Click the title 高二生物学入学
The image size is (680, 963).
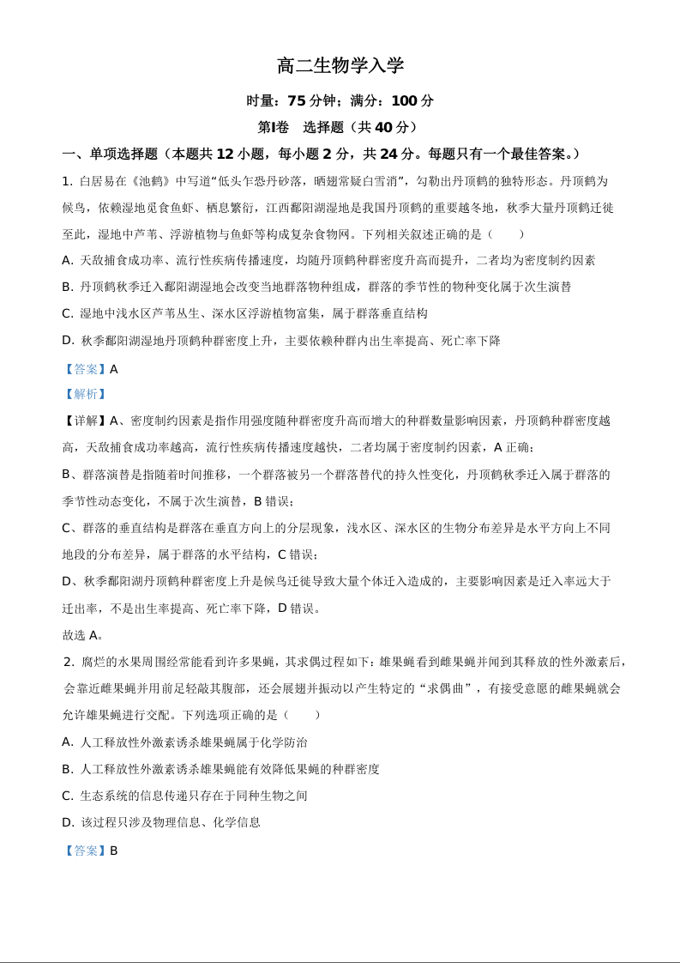pos(340,66)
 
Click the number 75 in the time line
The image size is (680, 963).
pos(297,101)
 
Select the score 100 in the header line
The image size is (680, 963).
pos(404,101)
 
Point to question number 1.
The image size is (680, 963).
pos(66,181)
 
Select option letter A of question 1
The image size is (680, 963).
pos(67,260)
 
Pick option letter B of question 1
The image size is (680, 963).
pos(67,287)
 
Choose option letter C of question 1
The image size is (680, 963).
pos(67,313)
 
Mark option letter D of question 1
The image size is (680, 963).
pos(68,340)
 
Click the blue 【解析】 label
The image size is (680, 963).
pos(85,394)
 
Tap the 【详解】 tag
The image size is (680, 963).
pos(85,421)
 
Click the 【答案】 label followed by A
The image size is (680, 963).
pos(85,369)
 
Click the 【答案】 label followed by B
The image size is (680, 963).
pos(85,851)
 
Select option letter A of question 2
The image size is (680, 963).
pos(67,742)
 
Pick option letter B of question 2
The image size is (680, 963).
pos(67,769)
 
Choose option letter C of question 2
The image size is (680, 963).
pos(67,796)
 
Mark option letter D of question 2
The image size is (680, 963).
pos(68,822)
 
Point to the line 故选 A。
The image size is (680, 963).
pos(83,635)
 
